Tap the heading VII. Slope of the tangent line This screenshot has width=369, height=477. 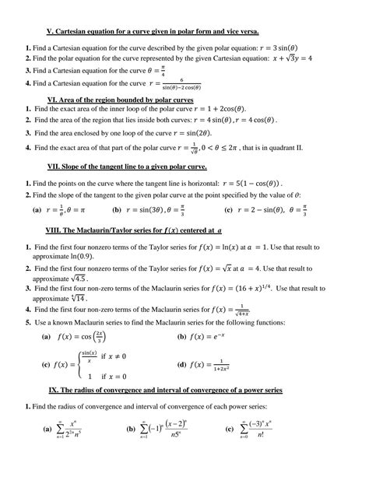tap(128, 167)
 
